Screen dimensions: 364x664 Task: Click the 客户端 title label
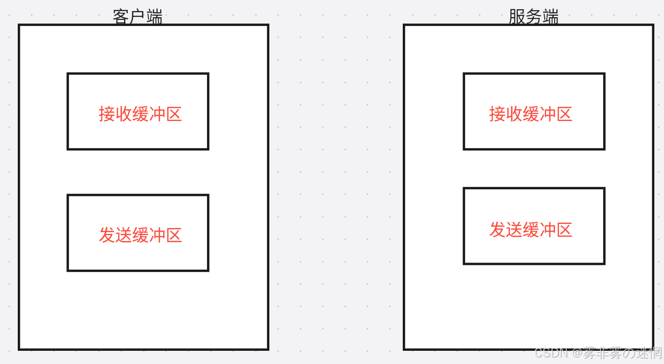click(x=137, y=17)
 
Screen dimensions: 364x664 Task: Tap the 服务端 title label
click(x=533, y=17)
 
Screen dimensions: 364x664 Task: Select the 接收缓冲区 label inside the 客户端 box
click(x=140, y=114)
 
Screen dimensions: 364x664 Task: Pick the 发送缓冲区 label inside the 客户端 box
click(x=140, y=235)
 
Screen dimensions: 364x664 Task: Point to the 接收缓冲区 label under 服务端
click(x=531, y=114)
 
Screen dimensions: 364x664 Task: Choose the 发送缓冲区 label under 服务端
click(x=531, y=229)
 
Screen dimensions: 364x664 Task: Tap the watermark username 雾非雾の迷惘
click(x=622, y=352)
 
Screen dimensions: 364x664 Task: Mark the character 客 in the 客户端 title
click(x=121, y=17)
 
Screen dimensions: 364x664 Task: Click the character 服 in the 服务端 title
click(x=517, y=17)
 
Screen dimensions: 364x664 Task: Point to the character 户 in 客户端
click(x=137, y=17)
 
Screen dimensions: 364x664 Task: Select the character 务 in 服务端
click(x=533, y=17)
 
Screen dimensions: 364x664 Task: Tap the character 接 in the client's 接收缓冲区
click(x=107, y=114)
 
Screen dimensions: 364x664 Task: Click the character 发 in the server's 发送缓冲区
click(x=498, y=229)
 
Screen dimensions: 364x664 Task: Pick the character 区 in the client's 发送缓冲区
click(x=173, y=235)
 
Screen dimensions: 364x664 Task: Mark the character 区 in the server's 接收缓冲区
click(x=564, y=114)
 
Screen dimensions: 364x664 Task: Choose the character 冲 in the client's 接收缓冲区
click(x=157, y=114)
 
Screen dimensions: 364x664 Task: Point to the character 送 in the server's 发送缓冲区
click(x=514, y=229)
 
